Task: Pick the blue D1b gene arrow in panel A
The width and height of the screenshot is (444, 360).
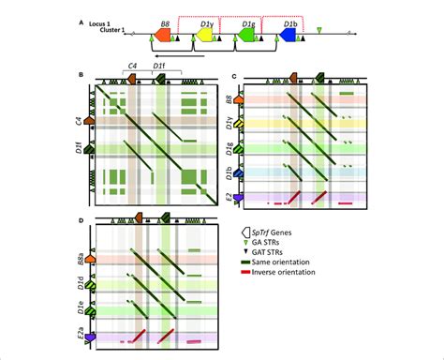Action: [x=288, y=34]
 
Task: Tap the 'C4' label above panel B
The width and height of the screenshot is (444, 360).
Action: [x=132, y=65]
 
